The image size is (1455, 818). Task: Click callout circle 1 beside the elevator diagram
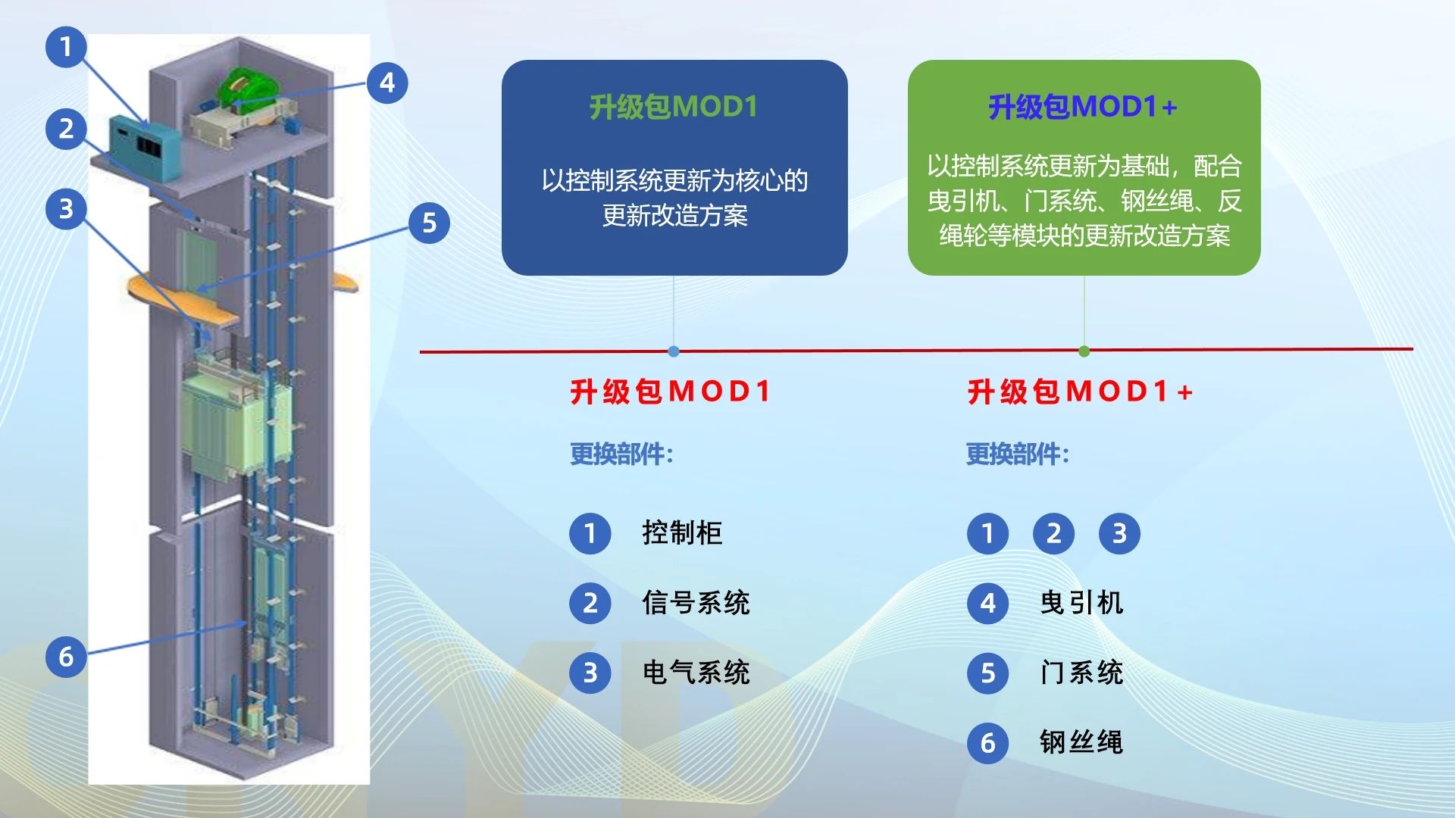(x=66, y=47)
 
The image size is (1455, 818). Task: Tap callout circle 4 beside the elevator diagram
(x=387, y=83)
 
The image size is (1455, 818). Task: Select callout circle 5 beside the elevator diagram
(x=429, y=223)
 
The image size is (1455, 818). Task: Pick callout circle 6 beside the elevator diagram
(x=66, y=657)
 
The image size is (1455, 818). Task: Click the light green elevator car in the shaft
(x=235, y=420)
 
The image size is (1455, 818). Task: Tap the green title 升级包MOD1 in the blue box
(x=674, y=108)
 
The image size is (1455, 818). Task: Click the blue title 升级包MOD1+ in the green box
(x=1083, y=108)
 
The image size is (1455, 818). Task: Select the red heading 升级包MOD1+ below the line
(x=1081, y=392)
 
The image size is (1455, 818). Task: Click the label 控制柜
(x=682, y=533)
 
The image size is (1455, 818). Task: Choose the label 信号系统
(x=696, y=603)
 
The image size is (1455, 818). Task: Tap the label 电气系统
(x=696, y=673)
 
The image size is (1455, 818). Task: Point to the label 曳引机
(x=1081, y=603)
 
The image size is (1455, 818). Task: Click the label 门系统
(x=1081, y=673)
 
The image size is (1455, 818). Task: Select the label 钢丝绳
(x=1081, y=742)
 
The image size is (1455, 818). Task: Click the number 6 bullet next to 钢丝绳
(x=987, y=743)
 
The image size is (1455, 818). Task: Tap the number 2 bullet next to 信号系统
(x=590, y=604)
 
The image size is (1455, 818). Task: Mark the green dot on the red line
(x=1084, y=351)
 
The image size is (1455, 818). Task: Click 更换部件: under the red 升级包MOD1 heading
(x=621, y=454)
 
